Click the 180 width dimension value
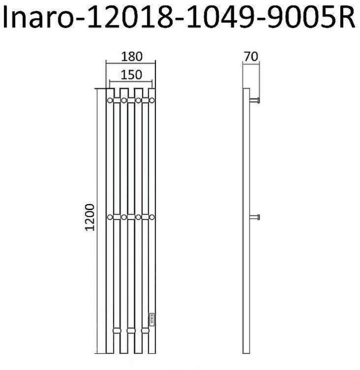[131, 56]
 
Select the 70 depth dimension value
[252, 56]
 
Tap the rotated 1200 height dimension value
[90, 217]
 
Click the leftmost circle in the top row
[109, 100]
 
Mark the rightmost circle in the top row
[152, 100]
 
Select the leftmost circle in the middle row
[109, 217]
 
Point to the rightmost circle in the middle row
[152, 217]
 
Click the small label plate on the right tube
[152, 317]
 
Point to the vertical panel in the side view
[247, 222]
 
